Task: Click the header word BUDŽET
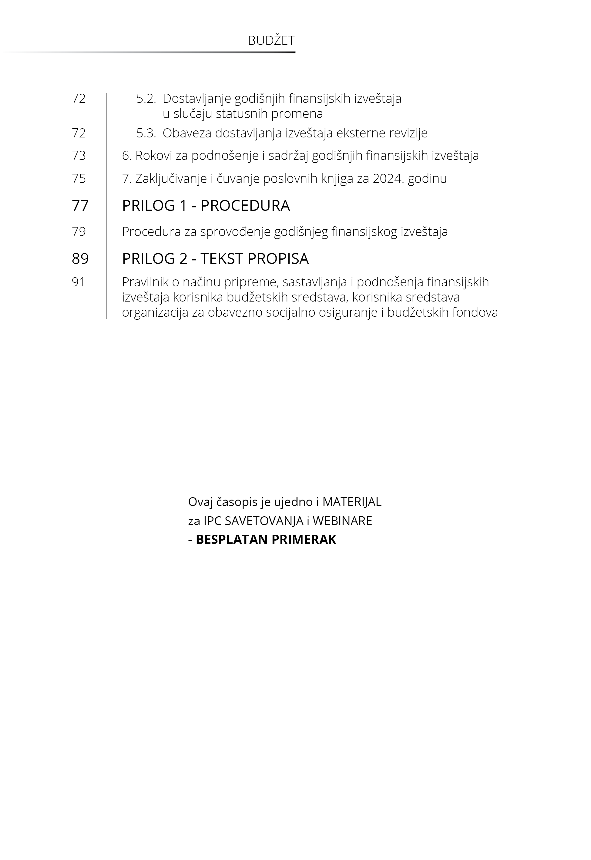tap(271, 41)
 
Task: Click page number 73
tap(79, 156)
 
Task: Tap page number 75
tap(79, 178)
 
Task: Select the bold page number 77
tap(80, 206)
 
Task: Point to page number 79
tap(79, 231)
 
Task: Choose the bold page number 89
tap(80, 258)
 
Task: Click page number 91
tap(79, 282)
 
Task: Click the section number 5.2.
tap(146, 99)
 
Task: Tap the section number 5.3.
tap(146, 133)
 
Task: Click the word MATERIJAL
tap(352, 502)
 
